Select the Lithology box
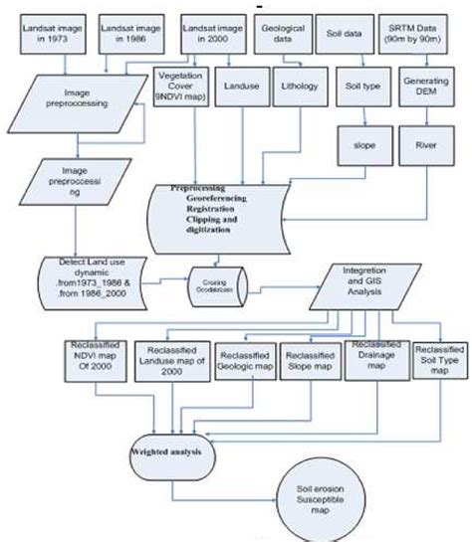click(296, 87)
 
